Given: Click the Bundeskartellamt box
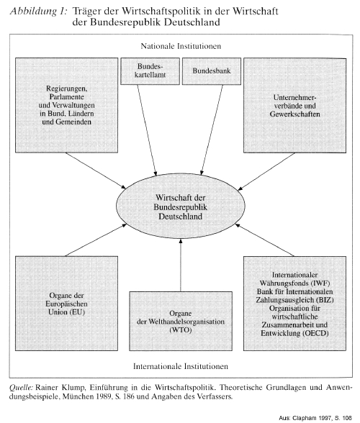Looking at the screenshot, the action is tap(150, 71).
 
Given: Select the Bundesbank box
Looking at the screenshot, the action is tap(212, 71).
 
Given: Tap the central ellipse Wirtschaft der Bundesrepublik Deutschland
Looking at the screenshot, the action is tap(181, 206).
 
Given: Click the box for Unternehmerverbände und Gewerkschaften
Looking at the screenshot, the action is tap(295, 106).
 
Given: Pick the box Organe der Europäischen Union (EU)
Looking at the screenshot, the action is tap(66, 304).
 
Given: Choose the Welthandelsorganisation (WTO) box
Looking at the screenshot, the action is tap(181, 321).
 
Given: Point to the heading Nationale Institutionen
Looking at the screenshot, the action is tap(181, 46).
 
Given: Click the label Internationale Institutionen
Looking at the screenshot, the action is tap(181, 366).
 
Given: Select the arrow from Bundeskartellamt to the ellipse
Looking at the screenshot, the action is tap(147, 130).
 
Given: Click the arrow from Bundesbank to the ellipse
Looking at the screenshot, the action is tap(212, 130).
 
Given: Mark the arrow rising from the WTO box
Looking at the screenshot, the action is tap(181, 265).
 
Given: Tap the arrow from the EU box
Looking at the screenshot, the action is tap(96, 240).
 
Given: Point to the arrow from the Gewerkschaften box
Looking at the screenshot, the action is tap(266, 171).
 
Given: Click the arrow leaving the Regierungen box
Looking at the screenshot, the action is tap(96, 170).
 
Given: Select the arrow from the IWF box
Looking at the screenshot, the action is tap(265, 240).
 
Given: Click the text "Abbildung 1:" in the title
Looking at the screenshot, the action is tap(38, 12).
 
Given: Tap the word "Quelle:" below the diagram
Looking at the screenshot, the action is tap(21, 388).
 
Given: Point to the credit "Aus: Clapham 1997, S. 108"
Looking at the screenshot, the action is tap(315, 418).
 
